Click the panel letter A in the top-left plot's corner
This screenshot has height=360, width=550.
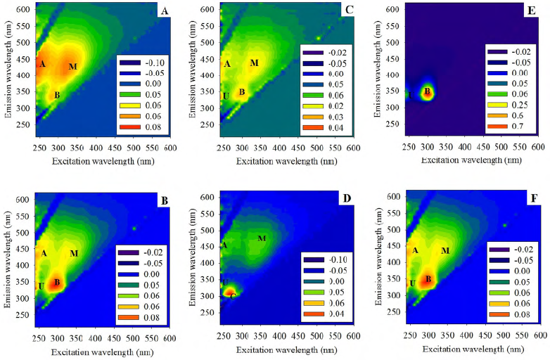[x=165, y=11]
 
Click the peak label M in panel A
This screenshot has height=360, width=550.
[x=72, y=67]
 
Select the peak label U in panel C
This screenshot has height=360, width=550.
[x=226, y=96]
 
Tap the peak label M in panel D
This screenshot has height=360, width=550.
[x=262, y=238]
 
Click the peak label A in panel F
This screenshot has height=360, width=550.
[x=415, y=250]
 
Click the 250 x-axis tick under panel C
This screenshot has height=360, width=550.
[x=224, y=149]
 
